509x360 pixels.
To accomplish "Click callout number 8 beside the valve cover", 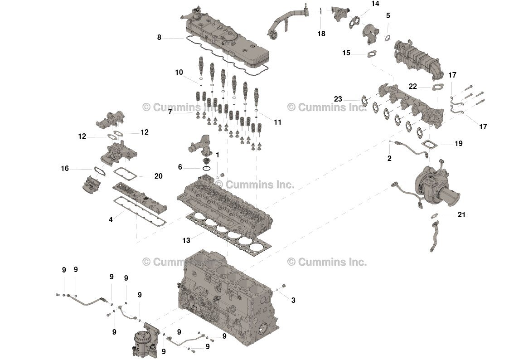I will (x=159, y=38).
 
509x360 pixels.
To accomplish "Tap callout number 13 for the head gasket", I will (x=186, y=241).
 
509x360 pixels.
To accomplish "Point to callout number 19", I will (x=459, y=144).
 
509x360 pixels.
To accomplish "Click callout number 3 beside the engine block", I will (x=293, y=300).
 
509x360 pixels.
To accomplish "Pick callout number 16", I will (x=65, y=169).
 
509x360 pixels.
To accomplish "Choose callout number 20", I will (x=158, y=176).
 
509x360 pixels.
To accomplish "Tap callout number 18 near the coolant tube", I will (x=321, y=34).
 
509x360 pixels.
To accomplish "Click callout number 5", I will (x=388, y=16).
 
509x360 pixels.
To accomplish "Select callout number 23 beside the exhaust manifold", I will (x=338, y=99).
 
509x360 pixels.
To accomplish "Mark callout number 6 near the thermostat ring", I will (x=180, y=167).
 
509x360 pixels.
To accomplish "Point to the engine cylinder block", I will (x=227, y=295).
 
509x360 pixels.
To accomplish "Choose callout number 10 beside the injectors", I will (x=179, y=72).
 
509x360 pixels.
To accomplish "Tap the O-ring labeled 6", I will (x=206, y=168).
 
